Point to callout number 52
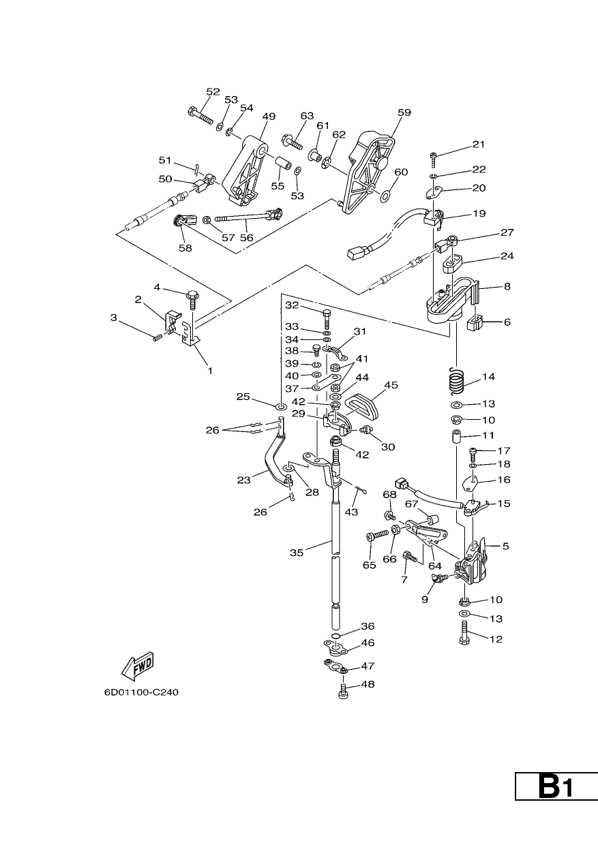click(x=213, y=92)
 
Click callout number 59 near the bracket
click(x=404, y=112)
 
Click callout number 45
click(x=391, y=385)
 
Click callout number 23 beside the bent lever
click(x=244, y=480)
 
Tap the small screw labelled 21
click(x=434, y=159)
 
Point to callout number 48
click(x=368, y=684)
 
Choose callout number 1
click(x=210, y=371)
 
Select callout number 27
click(x=507, y=232)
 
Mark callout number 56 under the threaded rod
click(x=247, y=238)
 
